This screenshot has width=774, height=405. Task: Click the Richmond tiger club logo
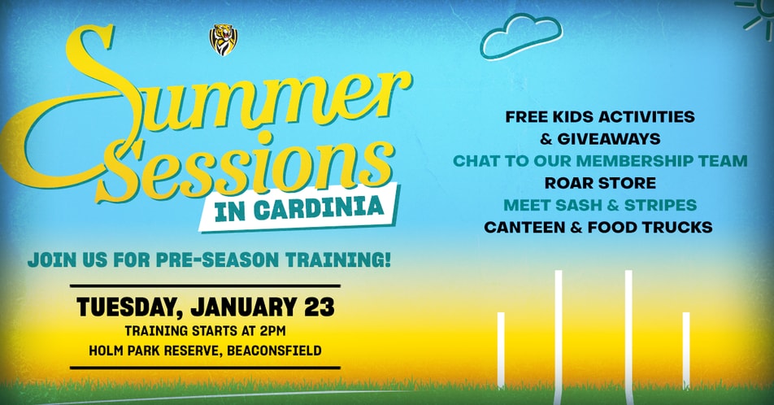click(x=224, y=40)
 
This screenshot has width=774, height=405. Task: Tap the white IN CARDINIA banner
click(x=299, y=208)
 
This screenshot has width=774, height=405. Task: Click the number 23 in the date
click(x=320, y=307)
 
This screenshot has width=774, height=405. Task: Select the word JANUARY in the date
click(x=245, y=307)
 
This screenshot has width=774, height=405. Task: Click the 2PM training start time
click(x=272, y=330)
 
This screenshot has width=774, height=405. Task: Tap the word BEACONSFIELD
click(x=275, y=351)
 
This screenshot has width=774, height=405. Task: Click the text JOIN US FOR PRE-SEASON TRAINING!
click(x=209, y=259)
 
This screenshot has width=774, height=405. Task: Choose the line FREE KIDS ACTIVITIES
click(x=600, y=116)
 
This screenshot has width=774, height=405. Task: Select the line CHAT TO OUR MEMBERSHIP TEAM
click(x=600, y=160)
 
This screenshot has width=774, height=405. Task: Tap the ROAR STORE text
click(x=600, y=183)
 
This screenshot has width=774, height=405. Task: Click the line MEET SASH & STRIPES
click(x=600, y=205)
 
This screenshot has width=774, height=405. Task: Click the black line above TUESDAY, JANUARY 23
click(x=206, y=286)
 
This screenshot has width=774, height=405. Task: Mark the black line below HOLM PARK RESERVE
click(x=206, y=368)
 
